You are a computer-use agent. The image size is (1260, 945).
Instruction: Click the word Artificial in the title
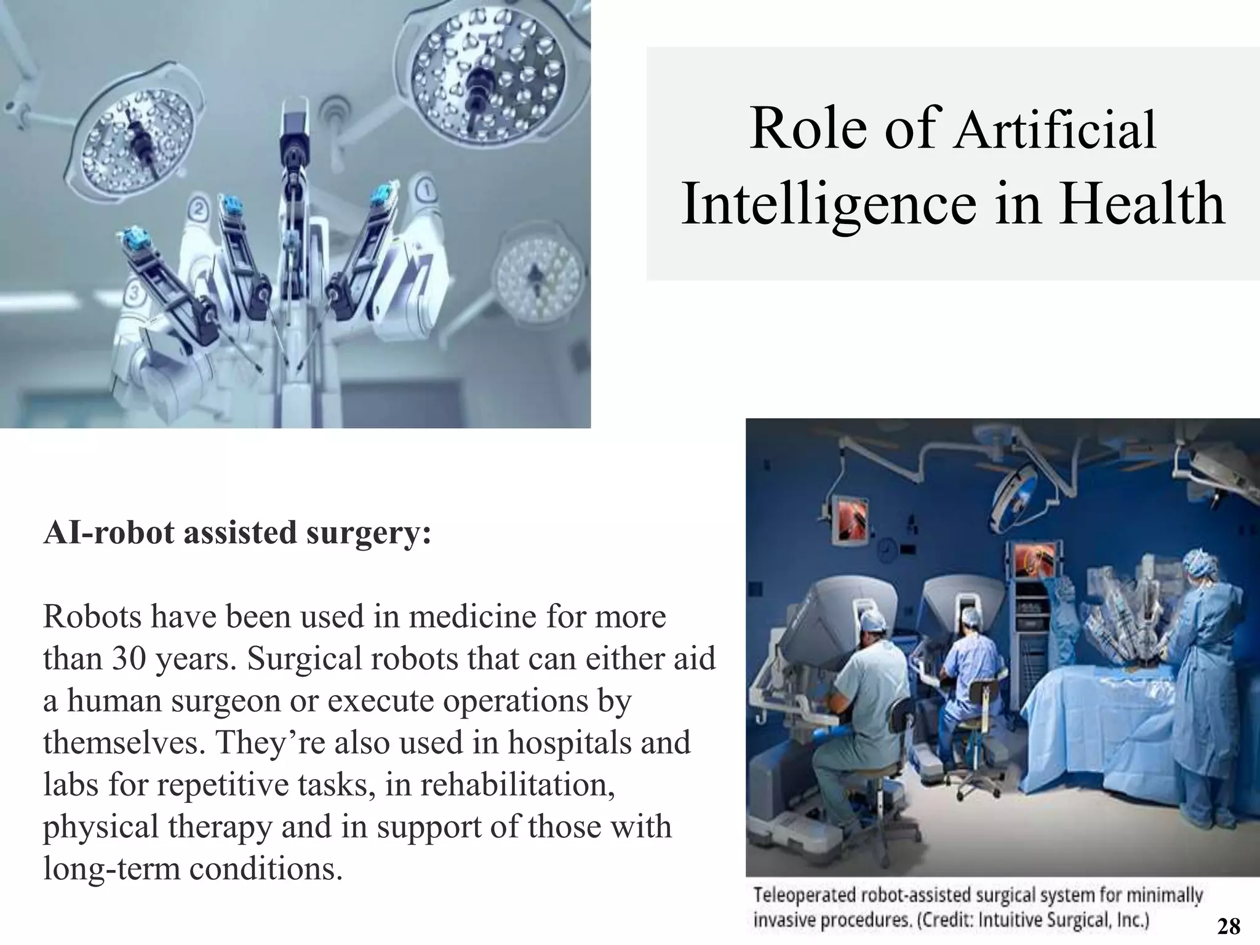click(x=1055, y=130)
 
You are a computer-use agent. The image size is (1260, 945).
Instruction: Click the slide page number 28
click(x=1229, y=925)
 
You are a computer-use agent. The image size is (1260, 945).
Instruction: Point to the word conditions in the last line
click(x=265, y=869)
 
